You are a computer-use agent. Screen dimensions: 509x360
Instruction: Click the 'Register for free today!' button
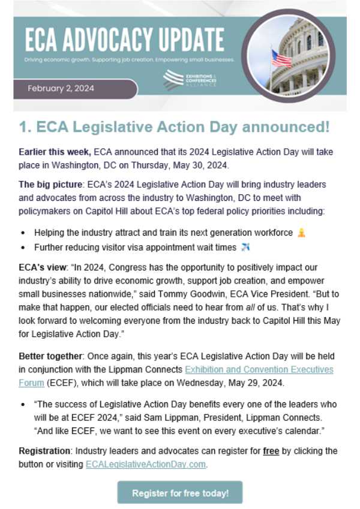click(179, 493)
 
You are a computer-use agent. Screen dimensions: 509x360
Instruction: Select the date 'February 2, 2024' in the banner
click(61, 89)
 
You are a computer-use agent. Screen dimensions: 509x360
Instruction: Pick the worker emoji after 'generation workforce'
click(301, 232)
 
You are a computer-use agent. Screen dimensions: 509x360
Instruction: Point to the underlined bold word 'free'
click(272, 450)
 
